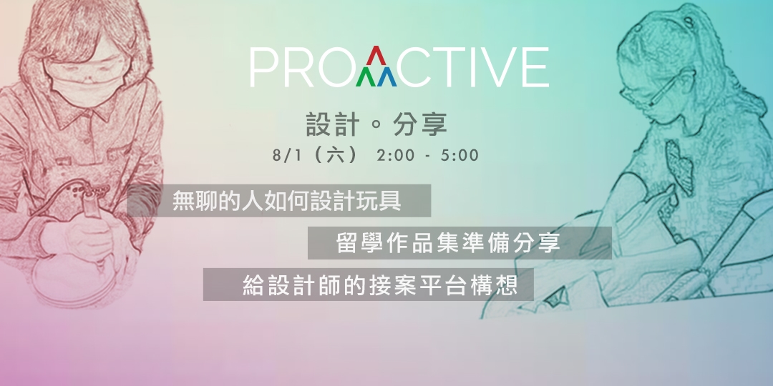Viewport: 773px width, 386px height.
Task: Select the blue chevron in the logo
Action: tap(391, 76)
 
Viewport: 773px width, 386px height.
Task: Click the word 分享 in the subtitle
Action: tap(420, 125)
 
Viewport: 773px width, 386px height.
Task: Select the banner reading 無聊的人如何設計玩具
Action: tap(279, 201)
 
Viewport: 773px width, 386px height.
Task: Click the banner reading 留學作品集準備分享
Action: tap(459, 243)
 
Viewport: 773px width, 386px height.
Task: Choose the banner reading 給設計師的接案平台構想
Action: tap(369, 284)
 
